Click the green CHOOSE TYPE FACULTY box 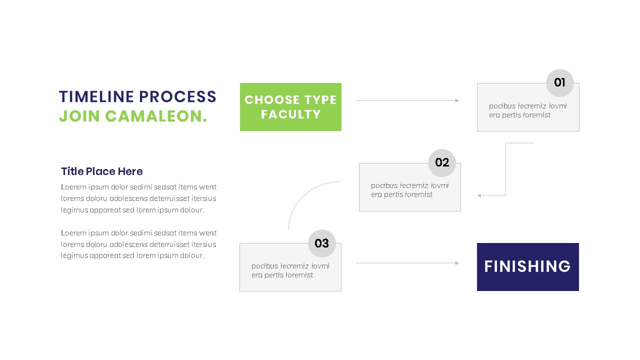tap(290, 107)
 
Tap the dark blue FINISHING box tap(527, 266)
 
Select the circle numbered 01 tap(559, 83)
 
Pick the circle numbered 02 tap(442, 163)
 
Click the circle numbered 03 tap(321, 243)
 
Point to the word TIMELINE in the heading tap(96, 96)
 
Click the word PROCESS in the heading tap(177, 96)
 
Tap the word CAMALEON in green tap(155, 116)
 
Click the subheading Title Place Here tap(102, 171)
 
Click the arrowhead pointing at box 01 tap(457, 100)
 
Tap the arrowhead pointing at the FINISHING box tap(457, 263)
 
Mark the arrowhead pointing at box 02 tap(479, 195)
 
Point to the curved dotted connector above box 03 tap(305, 195)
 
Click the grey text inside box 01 tap(527, 110)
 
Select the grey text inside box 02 tap(409, 190)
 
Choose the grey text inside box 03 tap(290, 270)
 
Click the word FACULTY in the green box tap(290, 114)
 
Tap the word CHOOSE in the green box tap(272, 100)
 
